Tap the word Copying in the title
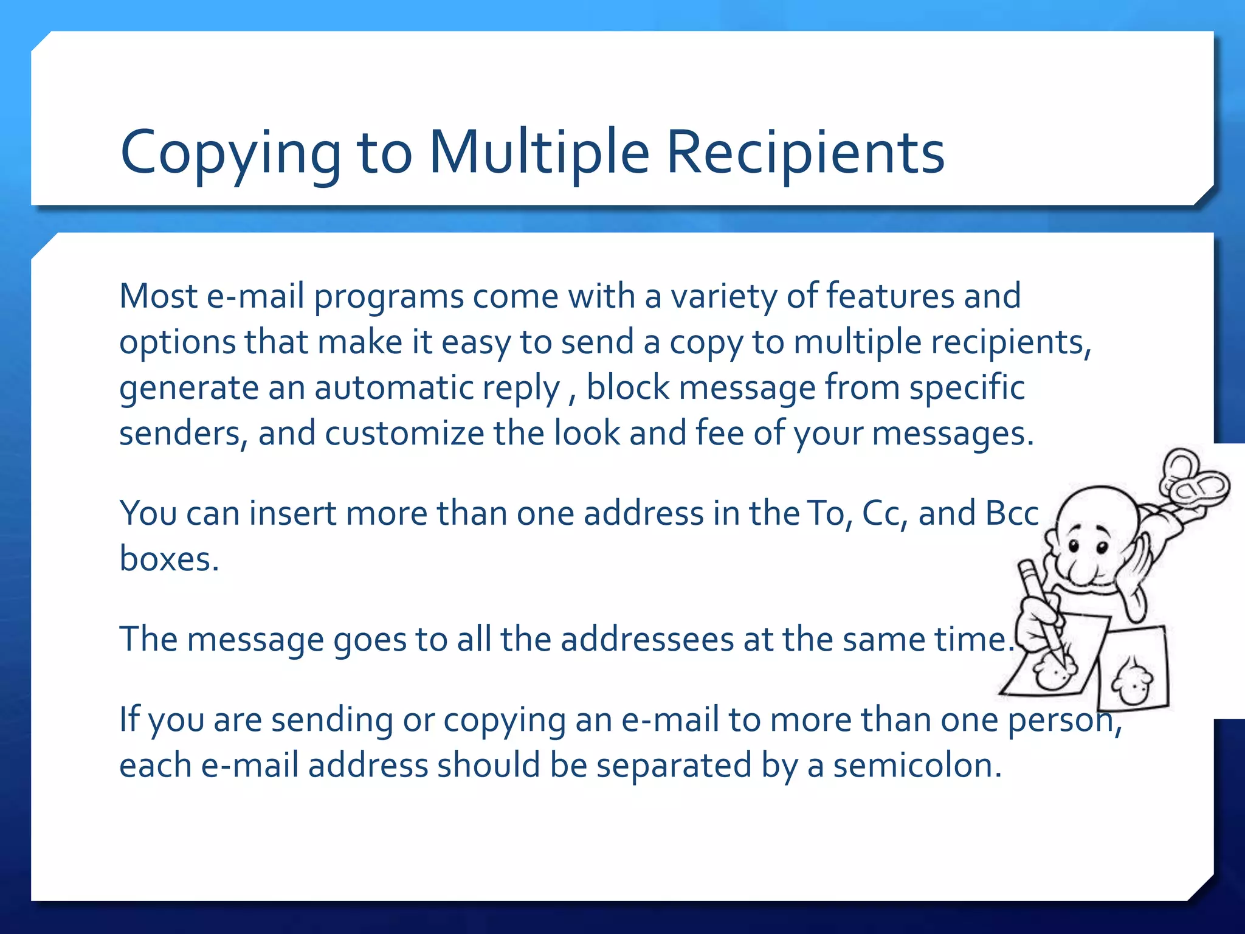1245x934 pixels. click(231, 153)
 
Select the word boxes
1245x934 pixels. click(168, 559)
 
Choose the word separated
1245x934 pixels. click(674, 766)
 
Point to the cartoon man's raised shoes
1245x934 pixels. click(1192, 480)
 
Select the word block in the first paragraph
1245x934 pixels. click(628, 388)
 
